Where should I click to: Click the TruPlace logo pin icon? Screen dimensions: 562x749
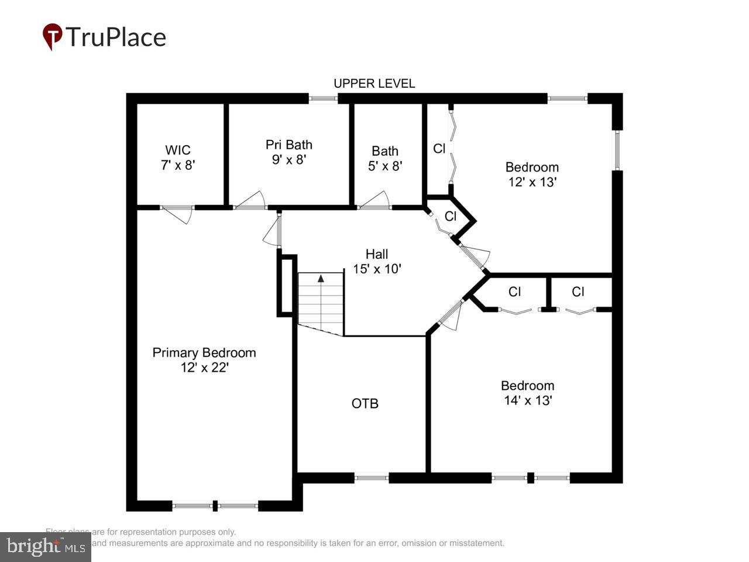click(x=53, y=36)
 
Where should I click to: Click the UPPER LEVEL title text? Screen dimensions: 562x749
click(x=374, y=84)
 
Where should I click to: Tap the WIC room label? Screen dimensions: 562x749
click(x=177, y=157)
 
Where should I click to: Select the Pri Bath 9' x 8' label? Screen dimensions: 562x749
click(x=288, y=152)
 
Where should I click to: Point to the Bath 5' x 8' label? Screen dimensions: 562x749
click(x=385, y=158)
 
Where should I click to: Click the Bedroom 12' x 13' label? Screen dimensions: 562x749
click(x=532, y=174)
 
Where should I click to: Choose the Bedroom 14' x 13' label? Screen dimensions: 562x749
click(x=527, y=393)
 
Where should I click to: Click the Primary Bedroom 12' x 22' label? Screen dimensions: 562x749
click(x=204, y=360)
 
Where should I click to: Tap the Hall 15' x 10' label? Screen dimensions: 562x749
click(x=377, y=261)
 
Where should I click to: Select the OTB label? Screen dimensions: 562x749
click(x=365, y=403)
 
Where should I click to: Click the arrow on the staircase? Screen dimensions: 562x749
click(x=321, y=279)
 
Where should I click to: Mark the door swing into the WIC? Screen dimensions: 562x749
click(x=177, y=214)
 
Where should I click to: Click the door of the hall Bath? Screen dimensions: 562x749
click(x=374, y=200)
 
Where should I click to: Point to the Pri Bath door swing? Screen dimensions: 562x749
click(x=250, y=200)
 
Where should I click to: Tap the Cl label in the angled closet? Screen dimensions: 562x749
click(x=450, y=216)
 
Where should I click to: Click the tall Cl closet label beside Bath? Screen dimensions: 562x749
click(x=439, y=149)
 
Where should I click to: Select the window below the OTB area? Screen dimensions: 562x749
click(x=372, y=478)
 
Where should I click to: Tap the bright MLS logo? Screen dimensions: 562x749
click(x=45, y=547)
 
